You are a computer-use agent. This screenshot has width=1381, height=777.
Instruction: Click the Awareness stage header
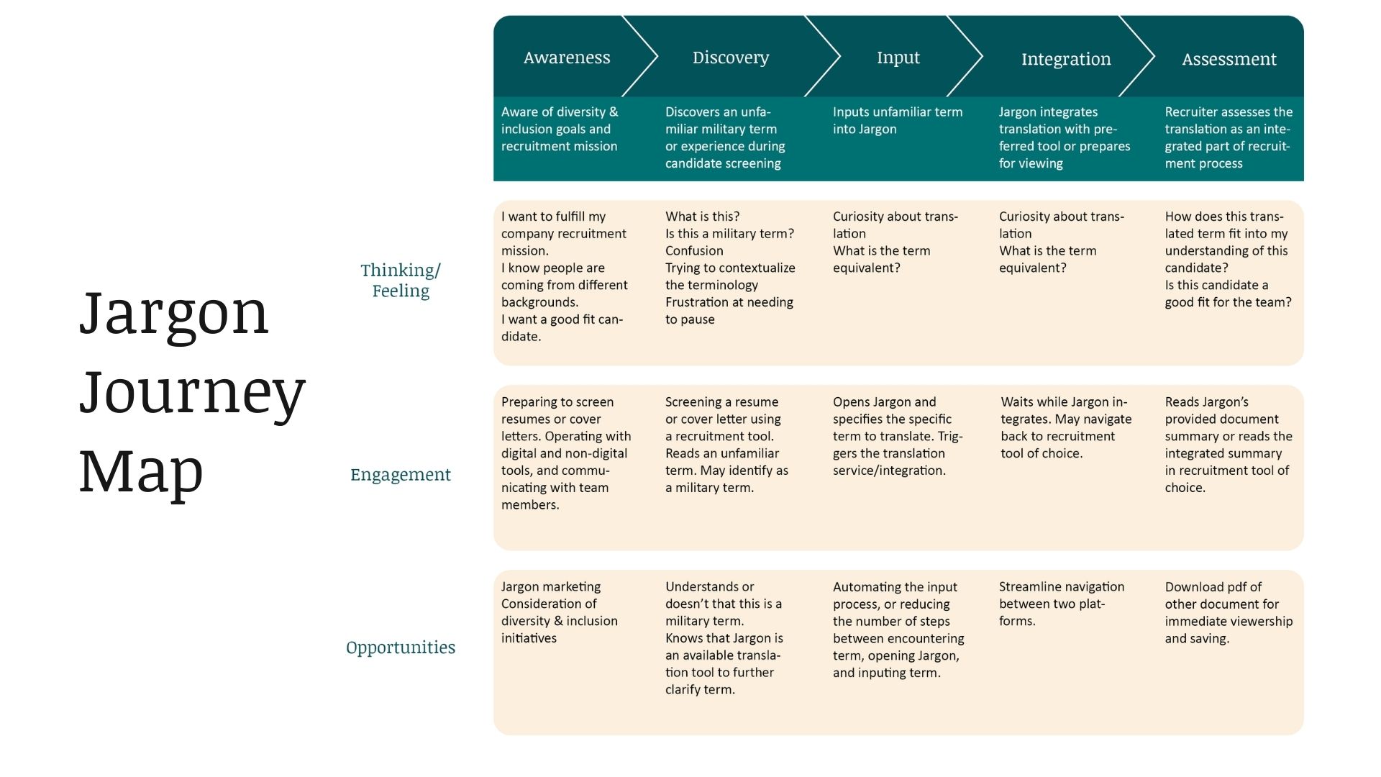[567, 58]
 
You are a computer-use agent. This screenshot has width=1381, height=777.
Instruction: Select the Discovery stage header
[731, 58]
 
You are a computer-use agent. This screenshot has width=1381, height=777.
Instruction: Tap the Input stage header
[898, 58]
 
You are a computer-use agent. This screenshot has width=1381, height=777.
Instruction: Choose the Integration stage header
[1066, 59]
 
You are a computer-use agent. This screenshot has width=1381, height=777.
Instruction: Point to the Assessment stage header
[1229, 59]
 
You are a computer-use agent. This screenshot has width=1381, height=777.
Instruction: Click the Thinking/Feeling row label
[401, 280]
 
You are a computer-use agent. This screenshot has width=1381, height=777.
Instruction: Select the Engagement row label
[401, 475]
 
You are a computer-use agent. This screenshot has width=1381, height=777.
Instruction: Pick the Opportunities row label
[401, 647]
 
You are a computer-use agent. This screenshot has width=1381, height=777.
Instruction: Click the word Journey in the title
[192, 393]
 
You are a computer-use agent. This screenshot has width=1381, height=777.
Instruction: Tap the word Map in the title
[141, 471]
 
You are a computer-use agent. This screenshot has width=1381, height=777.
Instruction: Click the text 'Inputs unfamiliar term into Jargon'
[898, 120]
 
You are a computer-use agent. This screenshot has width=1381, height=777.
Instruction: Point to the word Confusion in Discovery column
[694, 250]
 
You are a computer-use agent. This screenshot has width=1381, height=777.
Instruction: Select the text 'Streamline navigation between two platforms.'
[1062, 604]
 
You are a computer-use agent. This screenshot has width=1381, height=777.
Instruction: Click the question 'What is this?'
[702, 216]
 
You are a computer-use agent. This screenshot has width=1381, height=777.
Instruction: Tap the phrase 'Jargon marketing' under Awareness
[551, 586]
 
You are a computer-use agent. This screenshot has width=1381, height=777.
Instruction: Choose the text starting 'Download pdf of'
[1229, 612]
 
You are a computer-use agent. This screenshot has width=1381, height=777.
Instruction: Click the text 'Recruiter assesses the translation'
[1229, 120]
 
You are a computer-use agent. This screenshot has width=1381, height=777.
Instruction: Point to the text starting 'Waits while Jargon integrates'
[1066, 427]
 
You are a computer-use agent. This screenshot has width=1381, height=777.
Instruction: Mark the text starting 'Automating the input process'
[898, 630]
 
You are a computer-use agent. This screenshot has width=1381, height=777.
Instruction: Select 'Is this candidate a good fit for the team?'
[1228, 294]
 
